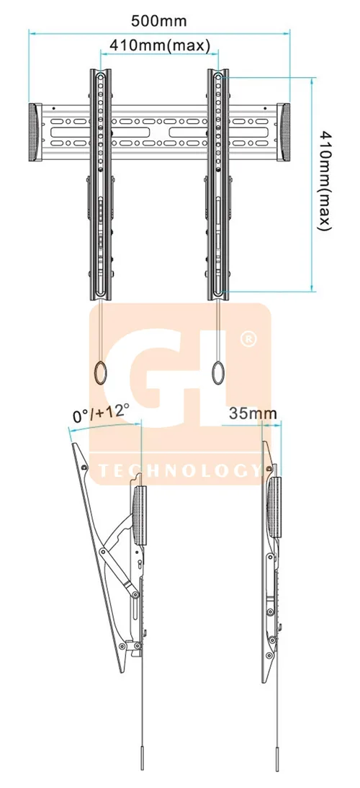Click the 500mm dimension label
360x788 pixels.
click(158, 21)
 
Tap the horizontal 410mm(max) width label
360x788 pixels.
click(160, 45)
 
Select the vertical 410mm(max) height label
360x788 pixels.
click(325, 181)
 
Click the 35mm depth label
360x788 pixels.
click(253, 413)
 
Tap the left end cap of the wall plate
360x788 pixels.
click(35, 133)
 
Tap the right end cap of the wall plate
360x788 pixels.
click(284, 133)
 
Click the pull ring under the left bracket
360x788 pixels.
click(101, 372)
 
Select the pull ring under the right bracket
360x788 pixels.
click(218, 372)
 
